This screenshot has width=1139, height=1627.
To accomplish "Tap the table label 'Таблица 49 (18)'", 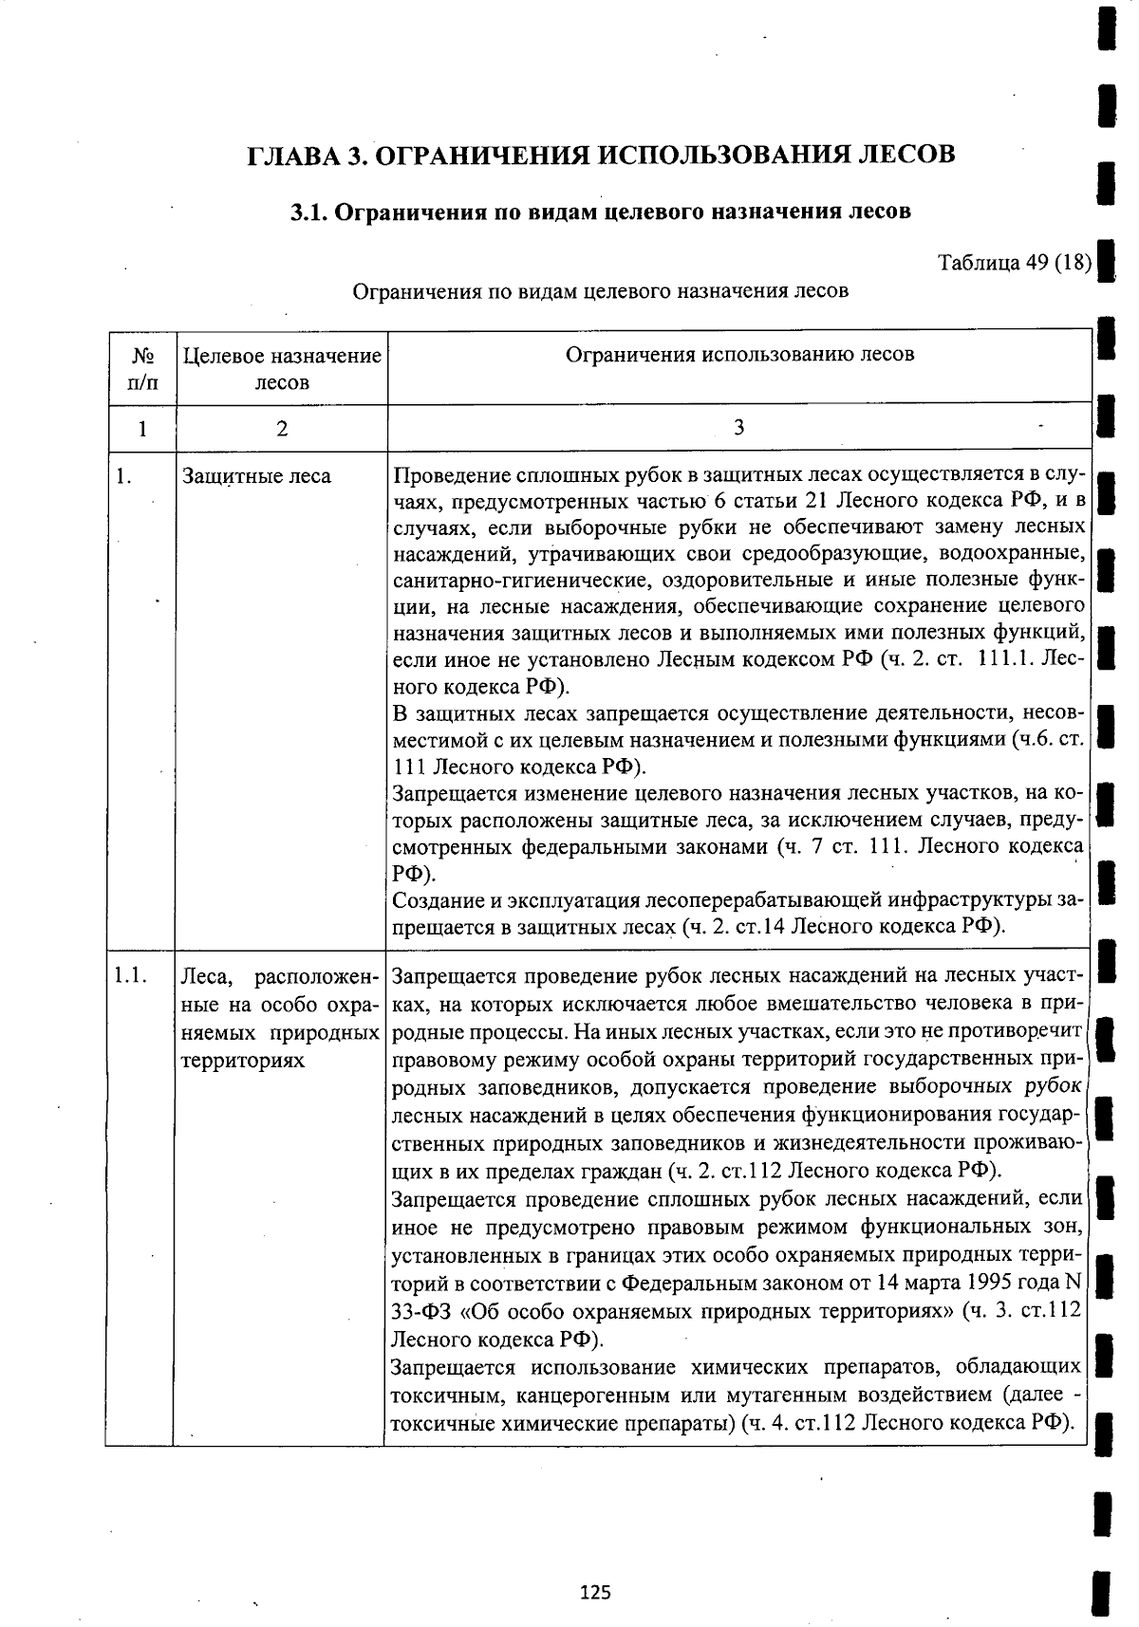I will coord(1014,262).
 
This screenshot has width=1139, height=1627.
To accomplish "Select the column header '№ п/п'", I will coord(142,369).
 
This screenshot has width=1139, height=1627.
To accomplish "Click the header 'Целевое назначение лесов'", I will coord(282,369).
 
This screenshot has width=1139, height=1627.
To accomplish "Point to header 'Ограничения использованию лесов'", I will coord(739,355).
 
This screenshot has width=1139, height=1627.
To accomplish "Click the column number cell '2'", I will coord(282,428).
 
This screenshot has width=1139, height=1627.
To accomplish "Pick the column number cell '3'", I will coord(738,428).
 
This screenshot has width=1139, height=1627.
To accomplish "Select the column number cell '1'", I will coord(142,428).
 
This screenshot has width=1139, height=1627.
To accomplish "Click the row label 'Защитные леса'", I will coord(256,476).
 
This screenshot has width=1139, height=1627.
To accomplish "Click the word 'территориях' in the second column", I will coord(242,1060).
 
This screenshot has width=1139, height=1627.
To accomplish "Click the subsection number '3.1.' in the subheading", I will coord(309,212).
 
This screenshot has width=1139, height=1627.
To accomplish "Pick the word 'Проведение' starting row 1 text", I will coord(447,475).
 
